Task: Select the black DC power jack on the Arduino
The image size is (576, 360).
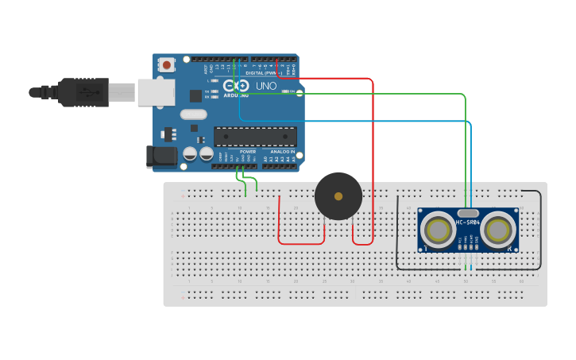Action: point(162,157)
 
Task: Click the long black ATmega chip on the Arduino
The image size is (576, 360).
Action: point(255,137)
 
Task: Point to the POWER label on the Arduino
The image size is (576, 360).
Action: point(248,151)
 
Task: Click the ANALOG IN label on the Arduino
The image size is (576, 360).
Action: point(282,151)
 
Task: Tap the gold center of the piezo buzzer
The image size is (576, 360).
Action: point(338,196)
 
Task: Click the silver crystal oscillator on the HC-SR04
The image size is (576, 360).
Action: point(468,212)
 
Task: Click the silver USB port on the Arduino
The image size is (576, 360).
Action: point(156,92)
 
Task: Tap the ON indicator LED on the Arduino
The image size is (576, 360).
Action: point(288,92)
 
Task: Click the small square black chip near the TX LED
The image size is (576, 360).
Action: point(195,96)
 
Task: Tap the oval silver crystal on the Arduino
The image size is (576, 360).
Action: point(193,114)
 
